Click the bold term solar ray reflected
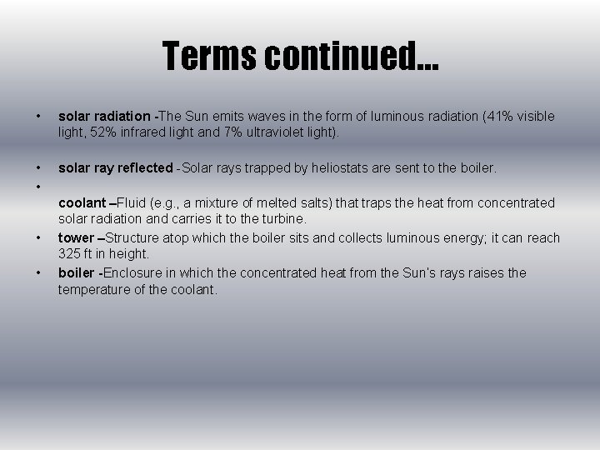(115, 168)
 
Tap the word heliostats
(341, 168)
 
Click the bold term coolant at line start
(82, 203)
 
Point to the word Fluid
(132, 203)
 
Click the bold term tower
(75, 238)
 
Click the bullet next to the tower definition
(39, 238)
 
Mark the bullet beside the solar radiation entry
(39, 117)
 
